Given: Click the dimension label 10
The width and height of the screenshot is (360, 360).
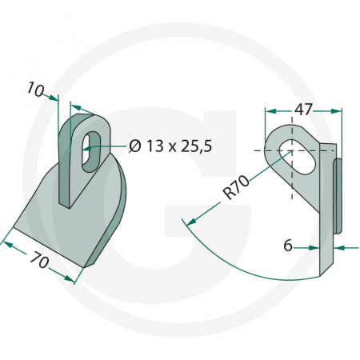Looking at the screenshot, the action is [35, 90].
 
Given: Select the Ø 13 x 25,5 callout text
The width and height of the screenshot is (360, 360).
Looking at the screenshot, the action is [170, 146].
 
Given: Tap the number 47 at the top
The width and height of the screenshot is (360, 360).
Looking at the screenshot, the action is [303, 110].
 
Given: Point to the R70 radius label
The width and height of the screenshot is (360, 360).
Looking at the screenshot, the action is [237, 187].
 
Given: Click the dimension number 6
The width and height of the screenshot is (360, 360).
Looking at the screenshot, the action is [288, 245].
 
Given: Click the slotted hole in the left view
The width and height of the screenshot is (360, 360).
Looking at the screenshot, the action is [91, 151].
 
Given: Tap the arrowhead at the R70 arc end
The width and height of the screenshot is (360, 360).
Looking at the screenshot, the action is [192, 222].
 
